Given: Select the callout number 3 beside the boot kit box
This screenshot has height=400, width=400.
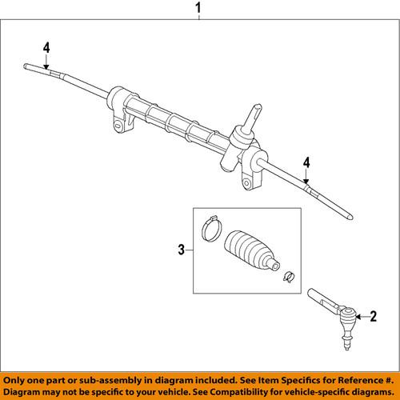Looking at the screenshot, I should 182,251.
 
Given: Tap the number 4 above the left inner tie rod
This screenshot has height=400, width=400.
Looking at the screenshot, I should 46,48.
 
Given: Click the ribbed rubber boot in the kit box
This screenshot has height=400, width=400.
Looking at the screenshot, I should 251,250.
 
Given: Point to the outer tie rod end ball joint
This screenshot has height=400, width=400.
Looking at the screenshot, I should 349,324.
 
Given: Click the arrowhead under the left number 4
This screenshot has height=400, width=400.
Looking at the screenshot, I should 46,70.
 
